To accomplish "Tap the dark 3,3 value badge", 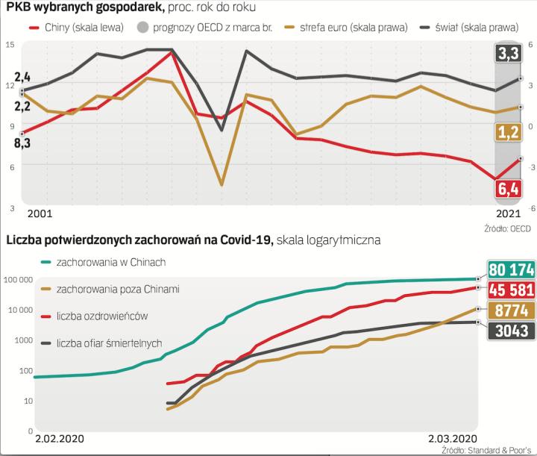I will pyautogui.click(x=509, y=54).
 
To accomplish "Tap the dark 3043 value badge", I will pyautogui.click(x=509, y=331).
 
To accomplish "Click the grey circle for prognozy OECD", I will pyautogui.click(x=143, y=27).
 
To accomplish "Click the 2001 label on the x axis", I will pyautogui.click(x=40, y=213).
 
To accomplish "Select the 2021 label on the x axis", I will pyautogui.click(x=509, y=213).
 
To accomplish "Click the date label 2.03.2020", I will pyautogui.click(x=451, y=438).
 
